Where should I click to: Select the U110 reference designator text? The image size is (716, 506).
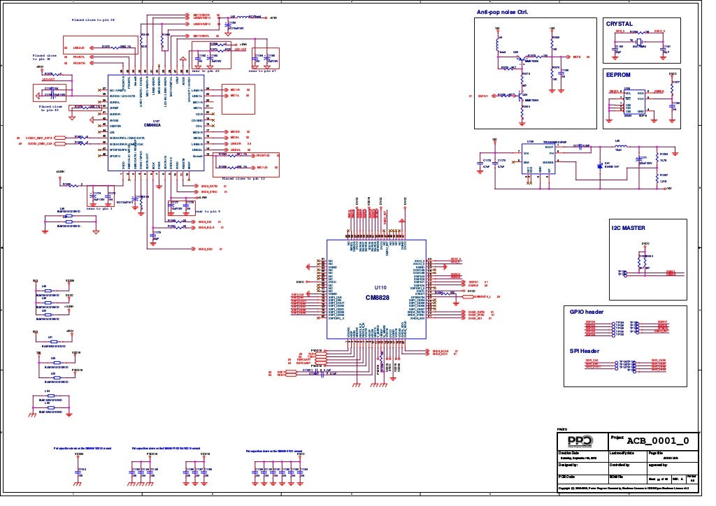pos(380,287)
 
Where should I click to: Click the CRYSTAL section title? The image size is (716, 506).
pos(620,24)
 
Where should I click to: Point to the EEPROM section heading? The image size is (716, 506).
pos(619,73)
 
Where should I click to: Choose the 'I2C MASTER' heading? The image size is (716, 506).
pos(628,228)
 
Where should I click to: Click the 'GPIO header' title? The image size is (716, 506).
pos(587,312)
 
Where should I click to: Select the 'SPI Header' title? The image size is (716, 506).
pos(585,351)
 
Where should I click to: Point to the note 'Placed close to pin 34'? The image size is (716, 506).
pos(94,20)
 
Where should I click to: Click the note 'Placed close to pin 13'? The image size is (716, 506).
pos(244,179)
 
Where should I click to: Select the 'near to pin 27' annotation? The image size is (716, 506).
pos(263,71)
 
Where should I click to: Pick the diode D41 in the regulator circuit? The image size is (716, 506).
pos(600,166)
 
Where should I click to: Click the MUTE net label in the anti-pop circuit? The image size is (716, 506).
pos(577,57)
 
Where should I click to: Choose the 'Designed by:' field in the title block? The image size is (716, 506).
pos(568,464)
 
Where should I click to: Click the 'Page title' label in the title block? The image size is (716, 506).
pos(657,454)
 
